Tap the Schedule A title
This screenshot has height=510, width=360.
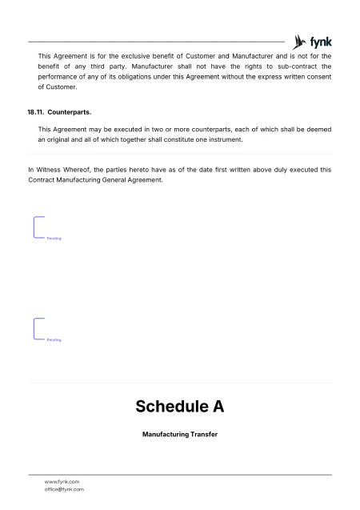179,407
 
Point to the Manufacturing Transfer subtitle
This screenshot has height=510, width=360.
179,435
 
